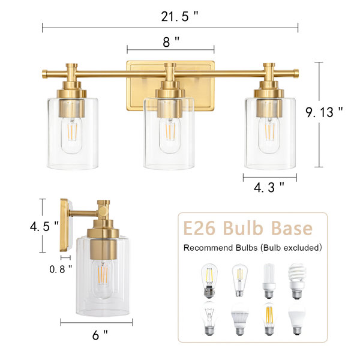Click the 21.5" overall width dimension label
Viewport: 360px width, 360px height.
(x=179, y=17)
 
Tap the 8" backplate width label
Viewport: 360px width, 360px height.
(x=171, y=42)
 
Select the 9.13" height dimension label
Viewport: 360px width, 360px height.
(x=324, y=112)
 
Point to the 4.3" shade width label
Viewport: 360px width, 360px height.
(x=269, y=187)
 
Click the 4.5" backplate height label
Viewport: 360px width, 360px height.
(x=44, y=226)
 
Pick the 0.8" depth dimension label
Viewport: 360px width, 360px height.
(x=61, y=269)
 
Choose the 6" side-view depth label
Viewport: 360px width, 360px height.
(x=100, y=335)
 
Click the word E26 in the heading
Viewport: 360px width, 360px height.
(x=199, y=228)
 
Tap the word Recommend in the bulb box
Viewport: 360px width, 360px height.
(x=208, y=248)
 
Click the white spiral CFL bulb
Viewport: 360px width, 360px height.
(x=298, y=281)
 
